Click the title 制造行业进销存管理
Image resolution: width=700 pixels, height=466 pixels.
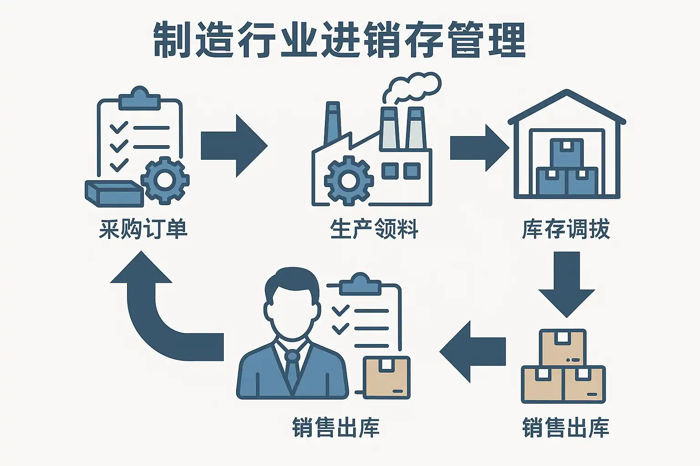(x=340, y=40)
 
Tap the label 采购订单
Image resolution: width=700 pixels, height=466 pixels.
(x=143, y=229)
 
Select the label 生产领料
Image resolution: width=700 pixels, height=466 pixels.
(x=374, y=229)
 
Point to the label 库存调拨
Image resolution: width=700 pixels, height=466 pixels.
(x=566, y=229)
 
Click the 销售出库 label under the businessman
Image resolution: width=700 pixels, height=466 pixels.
(x=336, y=428)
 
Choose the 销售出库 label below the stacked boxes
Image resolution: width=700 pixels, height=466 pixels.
(x=566, y=428)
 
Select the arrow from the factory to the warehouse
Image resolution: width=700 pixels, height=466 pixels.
(x=479, y=148)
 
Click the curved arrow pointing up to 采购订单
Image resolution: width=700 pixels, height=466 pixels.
(x=155, y=309)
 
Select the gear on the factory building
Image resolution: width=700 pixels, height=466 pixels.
(x=349, y=180)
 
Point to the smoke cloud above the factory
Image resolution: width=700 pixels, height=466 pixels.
(x=412, y=86)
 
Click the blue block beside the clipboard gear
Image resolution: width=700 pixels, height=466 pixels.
(x=114, y=193)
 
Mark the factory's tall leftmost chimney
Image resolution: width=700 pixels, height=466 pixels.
(x=333, y=123)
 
